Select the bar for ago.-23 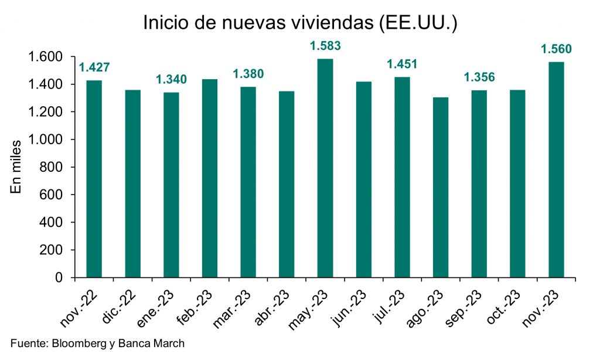[x=441, y=188]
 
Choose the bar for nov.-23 [x=556, y=169]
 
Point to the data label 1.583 [x=325, y=46]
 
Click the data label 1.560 [x=556, y=49]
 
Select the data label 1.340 [x=171, y=80]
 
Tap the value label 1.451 [x=402, y=64]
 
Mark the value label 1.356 [x=479, y=77]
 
